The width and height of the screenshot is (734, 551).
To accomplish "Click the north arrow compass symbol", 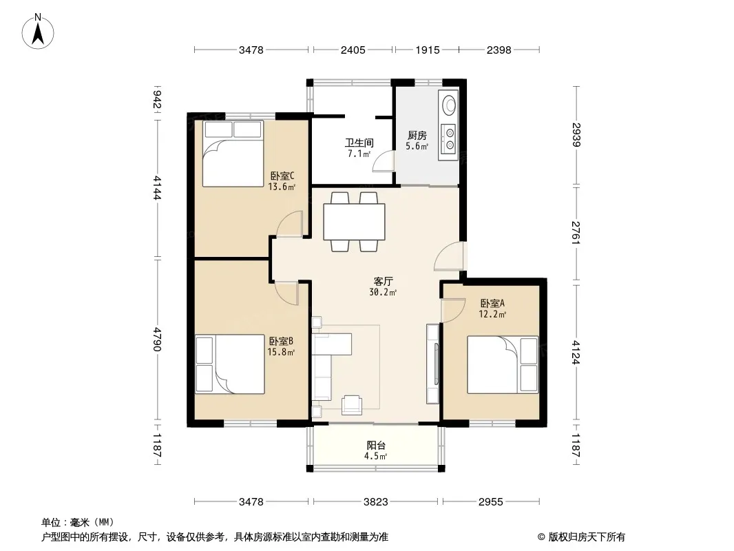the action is tap(38, 32).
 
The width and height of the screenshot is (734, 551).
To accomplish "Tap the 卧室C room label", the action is tap(282, 176).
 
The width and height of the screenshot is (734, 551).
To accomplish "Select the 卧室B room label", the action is tap(281, 341).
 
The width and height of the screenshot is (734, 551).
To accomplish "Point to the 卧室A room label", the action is tap(492, 303).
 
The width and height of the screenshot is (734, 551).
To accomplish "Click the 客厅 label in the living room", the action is tap(383, 281).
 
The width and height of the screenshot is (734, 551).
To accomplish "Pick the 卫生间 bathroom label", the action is tap(359, 143).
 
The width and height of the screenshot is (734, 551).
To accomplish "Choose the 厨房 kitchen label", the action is tap(417, 135).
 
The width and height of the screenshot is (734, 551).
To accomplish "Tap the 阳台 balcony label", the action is tap(376, 445).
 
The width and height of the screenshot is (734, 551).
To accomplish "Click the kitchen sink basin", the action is tap(449, 105).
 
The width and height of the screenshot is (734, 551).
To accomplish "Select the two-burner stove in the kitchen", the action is tap(448, 139).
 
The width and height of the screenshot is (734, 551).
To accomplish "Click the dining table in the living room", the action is tap(355, 221).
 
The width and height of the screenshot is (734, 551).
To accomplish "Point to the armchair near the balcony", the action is tap(352, 405).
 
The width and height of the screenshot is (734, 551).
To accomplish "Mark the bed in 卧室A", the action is tap(503, 364).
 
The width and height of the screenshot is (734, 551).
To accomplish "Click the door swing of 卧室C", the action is tap(291, 224).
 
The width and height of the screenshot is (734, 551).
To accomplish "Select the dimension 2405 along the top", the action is tap(353, 50).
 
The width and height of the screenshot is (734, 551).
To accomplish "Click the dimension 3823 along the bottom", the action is tap(376, 502).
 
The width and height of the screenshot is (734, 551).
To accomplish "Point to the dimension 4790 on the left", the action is tap(156, 340).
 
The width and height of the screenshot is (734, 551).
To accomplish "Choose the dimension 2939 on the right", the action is tap(576, 135).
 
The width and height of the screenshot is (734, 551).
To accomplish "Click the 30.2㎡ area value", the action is tap(383, 293).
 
